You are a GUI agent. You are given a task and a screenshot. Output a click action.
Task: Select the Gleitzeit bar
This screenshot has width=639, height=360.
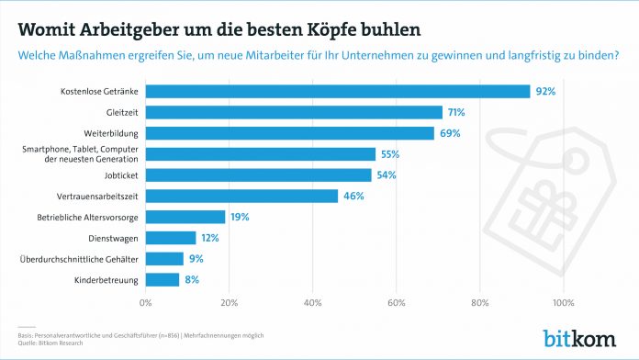point(294,112)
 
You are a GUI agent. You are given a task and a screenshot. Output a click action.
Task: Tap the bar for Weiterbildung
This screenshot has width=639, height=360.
point(289,133)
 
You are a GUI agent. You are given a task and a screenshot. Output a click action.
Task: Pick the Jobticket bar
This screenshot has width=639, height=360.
point(258,174)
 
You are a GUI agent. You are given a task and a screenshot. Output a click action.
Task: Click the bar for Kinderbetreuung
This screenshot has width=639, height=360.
point(163,279)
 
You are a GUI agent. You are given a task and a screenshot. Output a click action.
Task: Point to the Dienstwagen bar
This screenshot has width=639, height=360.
point(171,238)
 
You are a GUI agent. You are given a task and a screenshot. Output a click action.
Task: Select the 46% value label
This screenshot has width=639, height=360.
point(353,196)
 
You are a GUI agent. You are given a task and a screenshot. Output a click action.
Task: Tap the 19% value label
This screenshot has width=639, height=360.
point(241,217)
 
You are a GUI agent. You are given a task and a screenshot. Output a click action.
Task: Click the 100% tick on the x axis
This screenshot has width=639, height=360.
point(563,302)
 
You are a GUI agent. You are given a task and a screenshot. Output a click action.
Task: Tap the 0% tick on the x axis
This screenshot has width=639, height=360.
point(145,302)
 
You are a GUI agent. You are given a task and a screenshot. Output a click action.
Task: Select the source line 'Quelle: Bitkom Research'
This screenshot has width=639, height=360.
point(52,342)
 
